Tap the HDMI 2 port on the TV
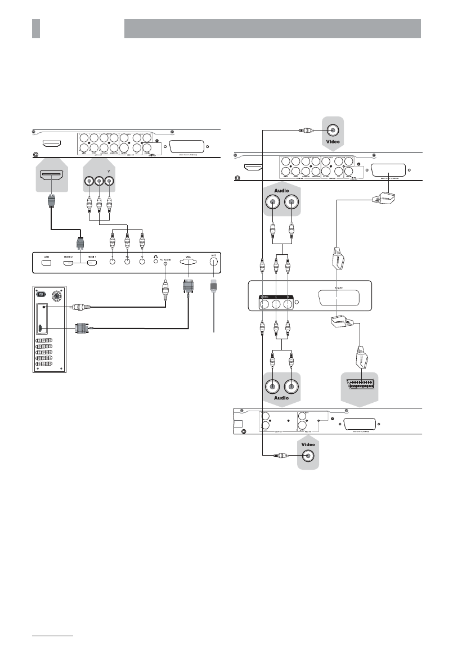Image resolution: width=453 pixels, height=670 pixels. tap(69, 263)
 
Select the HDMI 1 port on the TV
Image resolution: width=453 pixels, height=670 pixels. tap(92, 263)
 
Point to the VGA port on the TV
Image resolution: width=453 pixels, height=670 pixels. tap(187, 262)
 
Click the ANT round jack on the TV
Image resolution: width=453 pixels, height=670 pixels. tap(213, 262)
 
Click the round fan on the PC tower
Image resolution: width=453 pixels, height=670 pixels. tap(56, 296)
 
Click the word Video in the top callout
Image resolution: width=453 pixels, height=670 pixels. tap(333, 142)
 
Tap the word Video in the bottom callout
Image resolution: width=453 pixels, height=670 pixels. tap(308, 444)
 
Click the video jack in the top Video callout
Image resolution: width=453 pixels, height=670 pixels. tap(333, 131)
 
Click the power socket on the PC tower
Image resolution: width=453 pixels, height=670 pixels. tap(39, 293)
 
